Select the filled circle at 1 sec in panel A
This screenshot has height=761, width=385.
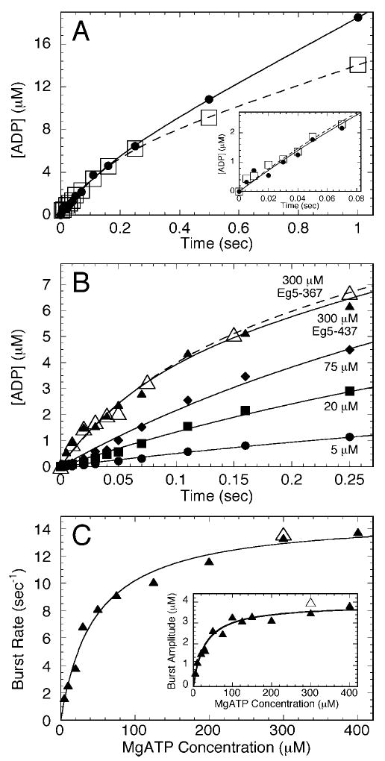click(358, 17)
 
